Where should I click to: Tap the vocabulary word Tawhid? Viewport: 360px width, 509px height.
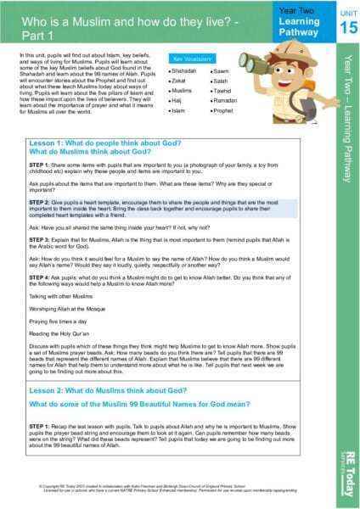[x=223, y=91]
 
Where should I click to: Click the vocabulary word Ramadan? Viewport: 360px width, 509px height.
[x=226, y=100]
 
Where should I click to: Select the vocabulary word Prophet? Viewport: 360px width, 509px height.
[x=224, y=110]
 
